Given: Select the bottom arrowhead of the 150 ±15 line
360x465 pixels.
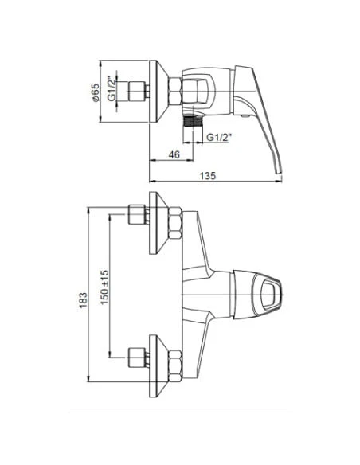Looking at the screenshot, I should [109, 352].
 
